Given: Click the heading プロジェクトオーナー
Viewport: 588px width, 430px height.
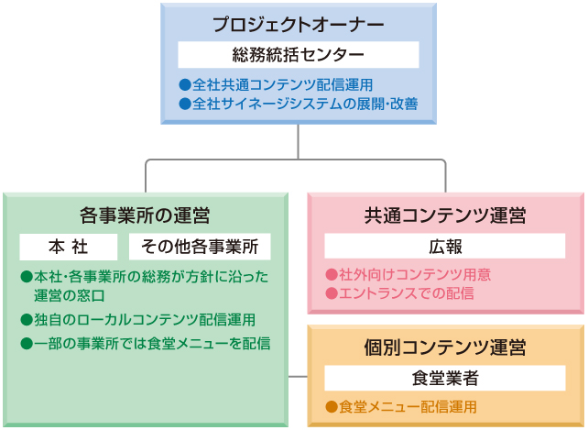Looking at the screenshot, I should click(x=298, y=24).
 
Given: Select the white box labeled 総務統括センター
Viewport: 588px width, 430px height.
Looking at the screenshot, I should click(x=298, y=54).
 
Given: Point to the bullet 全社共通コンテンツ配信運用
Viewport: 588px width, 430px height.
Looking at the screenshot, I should click(x=276, y=84).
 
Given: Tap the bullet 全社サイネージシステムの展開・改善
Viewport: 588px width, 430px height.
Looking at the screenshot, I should click(x=299, y=104).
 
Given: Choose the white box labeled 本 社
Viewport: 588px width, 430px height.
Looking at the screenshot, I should click(x=69, y=247).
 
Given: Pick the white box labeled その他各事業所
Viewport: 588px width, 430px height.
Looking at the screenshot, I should click(x=201, y=247).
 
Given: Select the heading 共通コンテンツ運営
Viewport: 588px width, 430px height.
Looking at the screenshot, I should click(x=445, y=216).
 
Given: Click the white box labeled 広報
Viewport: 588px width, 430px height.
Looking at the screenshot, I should click(x=445, y=247).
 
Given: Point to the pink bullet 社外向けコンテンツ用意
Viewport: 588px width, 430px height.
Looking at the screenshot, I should click(x=408, y=274).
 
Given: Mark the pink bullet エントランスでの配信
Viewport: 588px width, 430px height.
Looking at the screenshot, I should click(x=400, y=293).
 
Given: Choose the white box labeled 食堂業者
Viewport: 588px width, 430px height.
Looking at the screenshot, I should click(x=445, y=378).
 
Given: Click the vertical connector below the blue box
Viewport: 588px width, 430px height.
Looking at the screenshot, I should click(x=298, y=142).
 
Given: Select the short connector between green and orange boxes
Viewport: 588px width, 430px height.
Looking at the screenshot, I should click(x=298, y=376).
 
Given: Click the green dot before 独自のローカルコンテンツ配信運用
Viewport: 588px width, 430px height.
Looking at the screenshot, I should click(x=26, y=319).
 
